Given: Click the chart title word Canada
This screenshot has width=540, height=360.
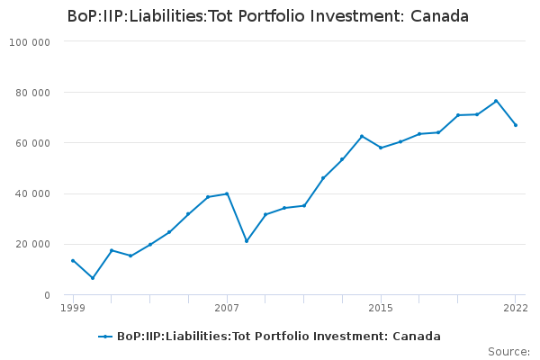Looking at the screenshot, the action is point(439,16).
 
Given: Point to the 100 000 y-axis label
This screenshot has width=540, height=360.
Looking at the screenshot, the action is point(30,42).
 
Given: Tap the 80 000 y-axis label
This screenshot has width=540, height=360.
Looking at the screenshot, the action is point(32,93).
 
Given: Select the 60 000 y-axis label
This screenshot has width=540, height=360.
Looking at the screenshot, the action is point(32,143).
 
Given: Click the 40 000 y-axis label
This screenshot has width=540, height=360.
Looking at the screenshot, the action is point(32,193).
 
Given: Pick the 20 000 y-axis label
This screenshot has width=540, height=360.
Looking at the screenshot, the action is point(32,244).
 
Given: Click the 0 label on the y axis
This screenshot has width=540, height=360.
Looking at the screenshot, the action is point(47,295).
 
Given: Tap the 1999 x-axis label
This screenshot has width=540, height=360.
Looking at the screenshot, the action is point(73,308).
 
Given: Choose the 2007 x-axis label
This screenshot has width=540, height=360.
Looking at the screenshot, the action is point(227,308).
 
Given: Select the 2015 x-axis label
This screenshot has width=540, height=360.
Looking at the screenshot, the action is point(381,308).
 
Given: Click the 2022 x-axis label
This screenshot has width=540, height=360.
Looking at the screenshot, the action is point(516,308).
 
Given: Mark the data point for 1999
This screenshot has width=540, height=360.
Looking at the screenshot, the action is point(73,261).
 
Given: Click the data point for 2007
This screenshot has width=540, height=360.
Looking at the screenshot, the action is point(227,193).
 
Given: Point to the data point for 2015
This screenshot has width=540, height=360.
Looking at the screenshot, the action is point(381,148).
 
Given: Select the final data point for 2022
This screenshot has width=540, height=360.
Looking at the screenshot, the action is point(516,125).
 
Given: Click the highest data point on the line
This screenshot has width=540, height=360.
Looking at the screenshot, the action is point(496,101).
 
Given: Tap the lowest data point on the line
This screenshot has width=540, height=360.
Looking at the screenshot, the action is point(93,278).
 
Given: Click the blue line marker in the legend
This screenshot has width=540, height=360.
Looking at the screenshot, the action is point(105,337).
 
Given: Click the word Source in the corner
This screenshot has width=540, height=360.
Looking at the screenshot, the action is point(508,352).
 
